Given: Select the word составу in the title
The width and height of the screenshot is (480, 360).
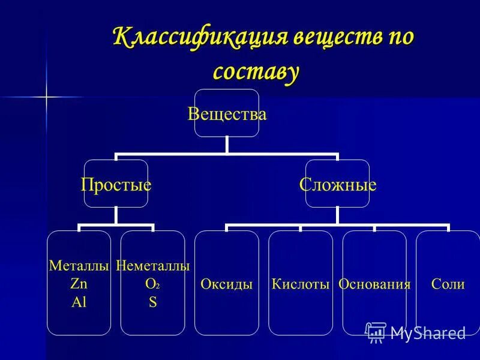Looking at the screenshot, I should click(256, 71).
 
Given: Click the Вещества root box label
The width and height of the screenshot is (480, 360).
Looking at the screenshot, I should click(227, 113).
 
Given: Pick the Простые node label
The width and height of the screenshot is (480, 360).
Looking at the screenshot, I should click(116, 184).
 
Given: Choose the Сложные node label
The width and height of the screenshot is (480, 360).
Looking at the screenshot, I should click(338, 184).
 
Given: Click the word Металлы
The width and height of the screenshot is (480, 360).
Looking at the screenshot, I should click(79, 265).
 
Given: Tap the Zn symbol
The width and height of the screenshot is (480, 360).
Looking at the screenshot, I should click(79, 284).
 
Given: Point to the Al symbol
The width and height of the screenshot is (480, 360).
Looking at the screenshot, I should click(79, 302).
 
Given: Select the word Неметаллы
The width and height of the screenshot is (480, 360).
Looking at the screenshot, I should click(152, 265).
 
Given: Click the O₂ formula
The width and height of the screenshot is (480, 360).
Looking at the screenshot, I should click(152, 284).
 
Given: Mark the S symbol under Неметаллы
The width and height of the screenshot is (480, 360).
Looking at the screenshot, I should click(152, 302).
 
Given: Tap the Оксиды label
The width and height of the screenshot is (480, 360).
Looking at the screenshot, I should click(227, 284).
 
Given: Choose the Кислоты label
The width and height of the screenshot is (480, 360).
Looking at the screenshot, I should click(301, 284).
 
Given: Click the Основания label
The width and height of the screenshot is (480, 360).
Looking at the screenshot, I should click(374, 284).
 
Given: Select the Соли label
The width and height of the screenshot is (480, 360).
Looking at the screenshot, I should click(448, 284).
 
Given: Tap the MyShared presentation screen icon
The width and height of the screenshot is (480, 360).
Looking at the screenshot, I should click(375, 332).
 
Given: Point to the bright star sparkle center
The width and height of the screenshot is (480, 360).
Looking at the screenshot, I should click(46, 97).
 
